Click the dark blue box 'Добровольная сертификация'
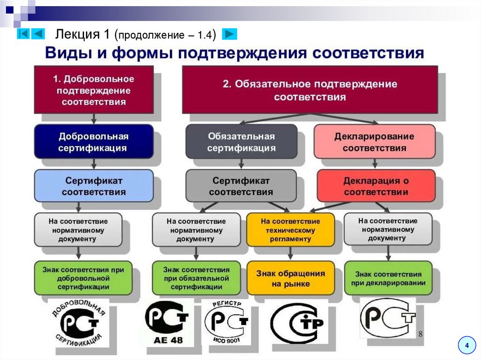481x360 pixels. coord(93,141)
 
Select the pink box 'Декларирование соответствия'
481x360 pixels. coord(374,141)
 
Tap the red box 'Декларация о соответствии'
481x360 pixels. coord(376,186)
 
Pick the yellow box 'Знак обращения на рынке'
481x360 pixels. coord(290,278)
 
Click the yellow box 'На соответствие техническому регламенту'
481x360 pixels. coord(290,230)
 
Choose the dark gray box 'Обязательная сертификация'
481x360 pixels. coord(241,141)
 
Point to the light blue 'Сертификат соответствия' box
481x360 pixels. coord(93,186)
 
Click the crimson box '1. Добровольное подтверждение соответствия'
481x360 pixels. coord(93,89)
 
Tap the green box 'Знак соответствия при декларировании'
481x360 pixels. coord(388,278)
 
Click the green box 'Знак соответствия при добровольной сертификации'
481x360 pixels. coord(83,278)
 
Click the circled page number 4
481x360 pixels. coord(466,345)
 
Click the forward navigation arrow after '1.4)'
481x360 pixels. coord(229,34)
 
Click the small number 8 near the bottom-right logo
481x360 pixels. coord(420,333)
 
